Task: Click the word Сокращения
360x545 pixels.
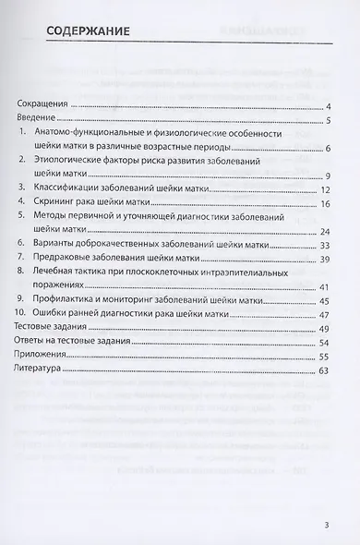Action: (45, 107)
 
